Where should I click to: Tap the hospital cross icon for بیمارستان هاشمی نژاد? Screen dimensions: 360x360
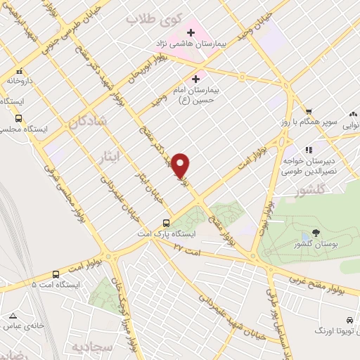(x=191, y=32)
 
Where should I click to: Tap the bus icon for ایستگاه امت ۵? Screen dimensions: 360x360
(x=56, y=274)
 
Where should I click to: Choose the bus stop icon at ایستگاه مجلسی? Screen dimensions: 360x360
(x=18, y=119)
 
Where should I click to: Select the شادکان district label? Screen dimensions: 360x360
(x=88, y=121)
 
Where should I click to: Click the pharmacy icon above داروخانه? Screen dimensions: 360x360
(x=19, y=70)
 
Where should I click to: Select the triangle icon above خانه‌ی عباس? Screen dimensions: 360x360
(x=12, y=316)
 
